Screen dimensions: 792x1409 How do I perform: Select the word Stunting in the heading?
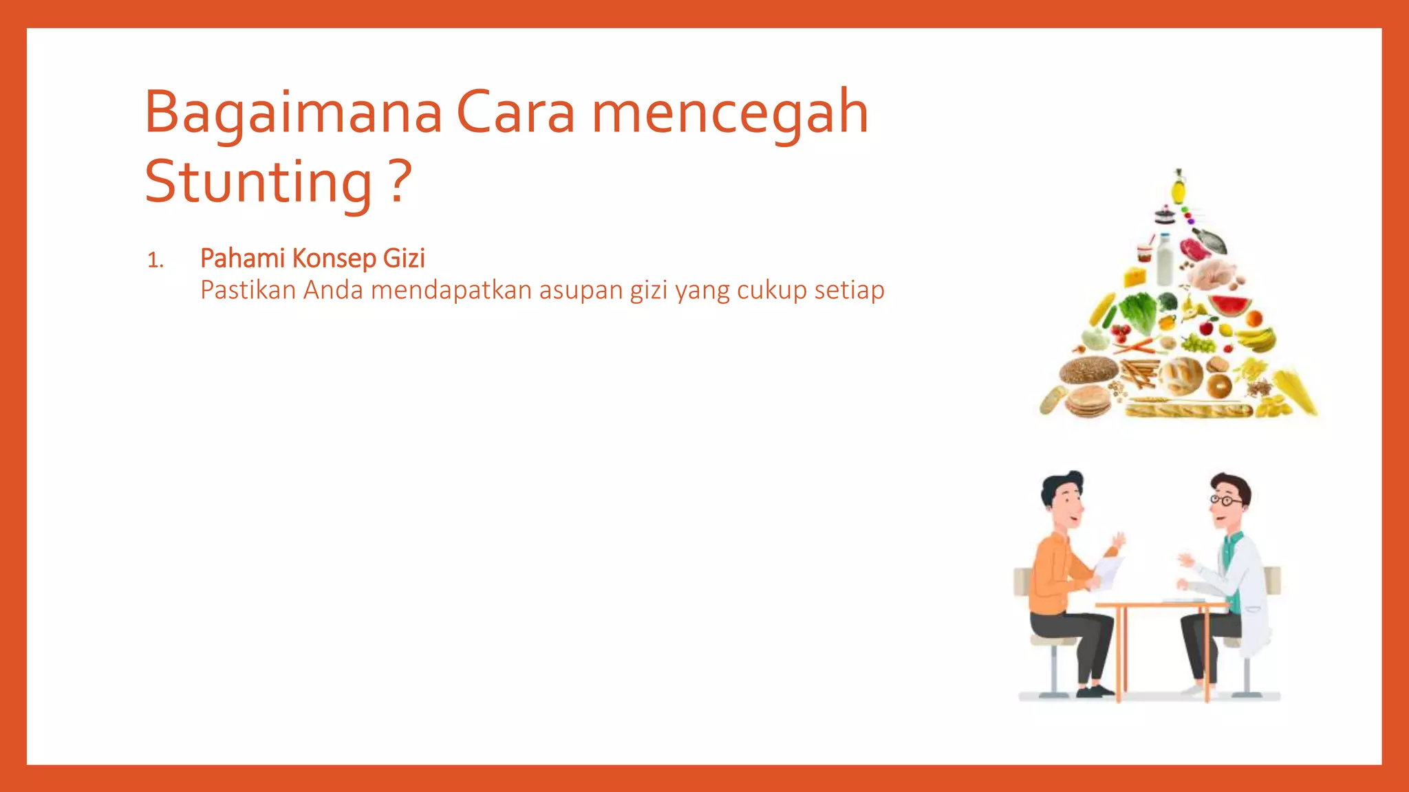click(258, 182)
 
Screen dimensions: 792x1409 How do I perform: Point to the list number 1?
click(155, 261)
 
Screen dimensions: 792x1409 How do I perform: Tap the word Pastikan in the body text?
click(248, 290)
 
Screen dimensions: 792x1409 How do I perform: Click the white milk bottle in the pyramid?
click(1165, 260)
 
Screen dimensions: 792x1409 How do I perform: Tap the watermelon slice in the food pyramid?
click(1229, 305)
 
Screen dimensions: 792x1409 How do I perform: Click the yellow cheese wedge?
click(1135, 276)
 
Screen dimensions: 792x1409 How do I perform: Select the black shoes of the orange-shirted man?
click(1095, 690)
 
